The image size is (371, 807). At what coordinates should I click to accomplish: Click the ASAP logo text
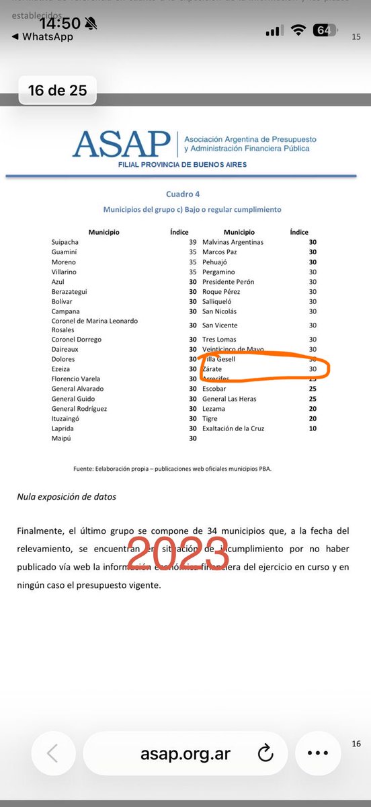(x=121, y=143)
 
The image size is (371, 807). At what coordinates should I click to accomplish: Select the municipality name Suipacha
(x=65, y=242)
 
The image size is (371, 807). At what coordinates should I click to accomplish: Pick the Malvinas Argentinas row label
(x=233, y=242)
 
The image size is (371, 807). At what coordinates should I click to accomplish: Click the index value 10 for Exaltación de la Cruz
(x=313, y=428)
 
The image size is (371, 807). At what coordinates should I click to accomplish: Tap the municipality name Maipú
(x=62, y=438)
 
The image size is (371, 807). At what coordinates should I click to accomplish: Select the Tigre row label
(x=210, y=418)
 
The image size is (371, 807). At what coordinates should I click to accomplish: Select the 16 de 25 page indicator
(x=57, y=89)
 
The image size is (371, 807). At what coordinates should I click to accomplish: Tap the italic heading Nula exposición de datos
(x=67, y=497)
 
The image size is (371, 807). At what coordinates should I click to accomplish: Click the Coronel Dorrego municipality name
(x=77, y=340)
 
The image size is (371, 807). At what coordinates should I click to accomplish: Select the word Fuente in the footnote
(x=84, y=468)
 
